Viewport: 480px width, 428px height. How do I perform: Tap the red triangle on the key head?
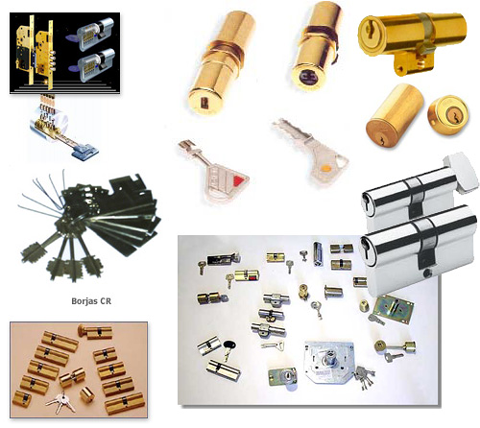pos(238,180)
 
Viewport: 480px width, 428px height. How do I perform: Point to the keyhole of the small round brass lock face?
pos(454,114)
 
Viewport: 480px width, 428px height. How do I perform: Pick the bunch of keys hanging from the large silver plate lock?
pos(364,377)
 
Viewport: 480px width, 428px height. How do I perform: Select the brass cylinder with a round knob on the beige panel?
pos(95,332)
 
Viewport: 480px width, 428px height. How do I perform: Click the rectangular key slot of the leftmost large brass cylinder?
pos(203,103)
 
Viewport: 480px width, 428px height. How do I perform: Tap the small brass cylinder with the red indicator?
pos(247,275)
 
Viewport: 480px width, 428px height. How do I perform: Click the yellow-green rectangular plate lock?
pos(394,309)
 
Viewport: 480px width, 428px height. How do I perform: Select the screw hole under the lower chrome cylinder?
pos(426,273)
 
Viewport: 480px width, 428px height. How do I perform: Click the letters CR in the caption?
pos(106,301)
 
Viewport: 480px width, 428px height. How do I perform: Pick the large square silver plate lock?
pos(328,362)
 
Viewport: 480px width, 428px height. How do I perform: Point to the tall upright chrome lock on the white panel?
pos(317,254)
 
